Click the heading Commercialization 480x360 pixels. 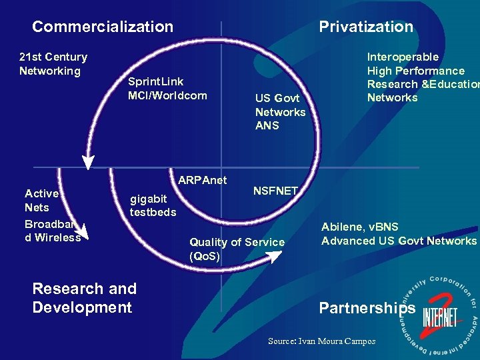tap(103, 27)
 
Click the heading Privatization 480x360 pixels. tap(366, 27)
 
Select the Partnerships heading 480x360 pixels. tap(367, 308)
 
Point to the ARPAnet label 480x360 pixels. tap(203, 180)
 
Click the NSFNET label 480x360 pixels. tap(275, 191)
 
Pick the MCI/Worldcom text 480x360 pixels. tap(167, 95)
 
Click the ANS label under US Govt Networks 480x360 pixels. tap(267, 125)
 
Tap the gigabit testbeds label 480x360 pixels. tap(153, 205)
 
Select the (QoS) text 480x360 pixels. tap(205, 256)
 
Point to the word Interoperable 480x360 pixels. tap(403, 57)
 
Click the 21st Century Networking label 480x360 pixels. tap(53, 64)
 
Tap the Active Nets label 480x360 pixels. tap(41, 200)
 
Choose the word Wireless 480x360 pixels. tap(59, 237)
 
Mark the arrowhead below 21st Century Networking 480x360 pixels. tap(88, 162)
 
